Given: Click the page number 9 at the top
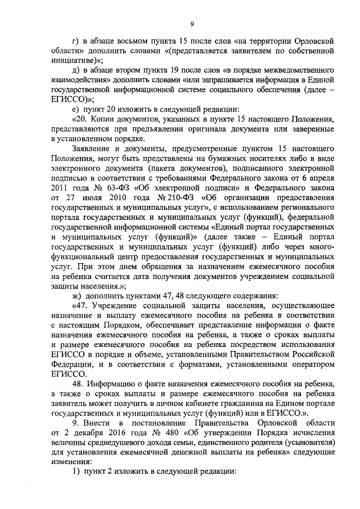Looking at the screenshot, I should (192, 23).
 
